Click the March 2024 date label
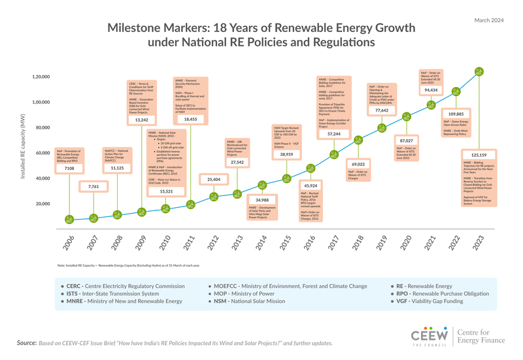click(488, 21)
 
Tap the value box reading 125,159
click(474, 155)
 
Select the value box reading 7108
click(69, 169)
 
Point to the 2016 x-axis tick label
click(308, 243)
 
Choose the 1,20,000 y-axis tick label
click(41, 77)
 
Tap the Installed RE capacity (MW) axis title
click(23, 147)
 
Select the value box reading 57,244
click(333, 133)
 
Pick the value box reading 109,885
click(455, 114)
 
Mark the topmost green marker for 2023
click(479, 71)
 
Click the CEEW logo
click(430, 336)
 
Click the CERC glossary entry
click(122, 286)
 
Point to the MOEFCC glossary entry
click(287, 286)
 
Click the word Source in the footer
click(26, 342)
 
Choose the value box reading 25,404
click(213, 179)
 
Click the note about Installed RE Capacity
click(128, 265)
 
